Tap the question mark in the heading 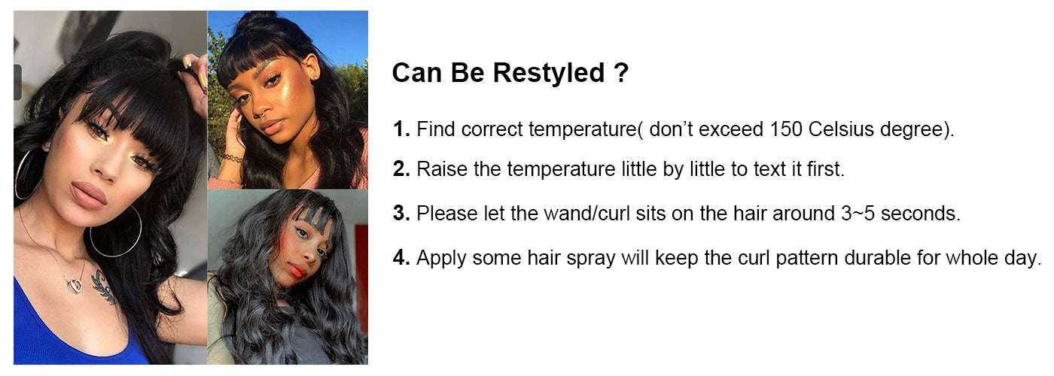[x=621, y=72]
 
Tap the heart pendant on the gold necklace [x=75, y=286]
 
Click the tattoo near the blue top [x=102, y=287]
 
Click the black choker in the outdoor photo [x=233, y=157]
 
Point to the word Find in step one [x=435, y=129]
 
